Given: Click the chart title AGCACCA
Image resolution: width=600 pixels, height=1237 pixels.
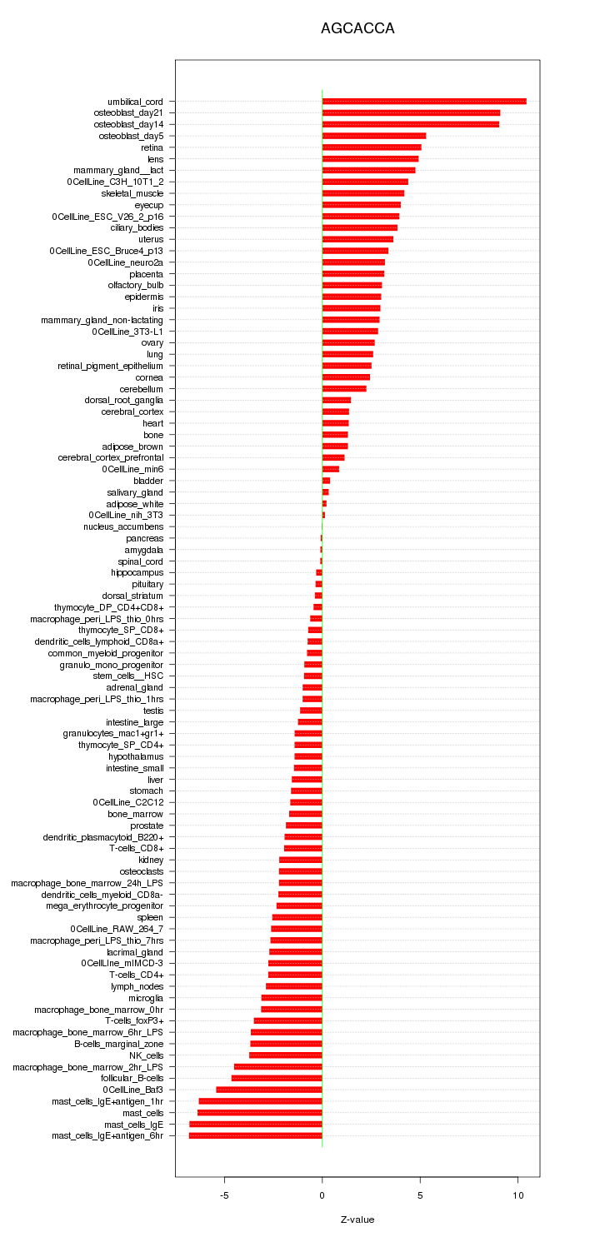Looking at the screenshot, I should pyautogui.click(x=357, y=28).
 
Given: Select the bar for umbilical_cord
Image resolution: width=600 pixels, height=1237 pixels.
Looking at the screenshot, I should pyautogui.click(x=424, y=102).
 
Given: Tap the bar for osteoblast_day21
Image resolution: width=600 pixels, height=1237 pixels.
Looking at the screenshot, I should pyautogui.click(x=411, y=113).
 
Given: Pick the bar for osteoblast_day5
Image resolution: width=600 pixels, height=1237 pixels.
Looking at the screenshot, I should pyautogui.click(x=374, y=136).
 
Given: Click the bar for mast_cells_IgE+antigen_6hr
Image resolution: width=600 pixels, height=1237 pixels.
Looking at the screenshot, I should pyautogui.click(x=256, y=1135).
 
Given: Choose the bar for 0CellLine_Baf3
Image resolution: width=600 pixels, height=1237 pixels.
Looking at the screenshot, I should pyautogui.click(x=269, y=1090).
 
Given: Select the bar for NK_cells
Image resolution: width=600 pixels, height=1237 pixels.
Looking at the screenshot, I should pyautogui.click(x=286, y=1055).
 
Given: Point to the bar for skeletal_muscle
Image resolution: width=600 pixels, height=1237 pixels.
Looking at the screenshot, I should pyautogui.click(x=363, y=193).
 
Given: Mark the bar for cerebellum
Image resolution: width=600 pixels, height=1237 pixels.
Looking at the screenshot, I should pyautogui.click(x=344, y=389).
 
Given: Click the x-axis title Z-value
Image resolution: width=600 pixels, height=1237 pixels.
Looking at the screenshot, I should pyautogui.click(x=357, y=1220).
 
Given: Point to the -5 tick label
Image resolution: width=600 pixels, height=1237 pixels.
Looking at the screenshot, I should pyautogui.click(x=224, y=1194).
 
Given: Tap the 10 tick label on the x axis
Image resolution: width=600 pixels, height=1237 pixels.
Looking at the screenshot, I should pyautogui.click(x=518, y=1194).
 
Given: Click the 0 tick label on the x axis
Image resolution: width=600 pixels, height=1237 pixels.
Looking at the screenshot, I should pyautogui.click(x=322, y=1194).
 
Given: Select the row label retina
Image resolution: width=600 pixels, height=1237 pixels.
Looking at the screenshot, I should pyautogui.click(x=152, y=147).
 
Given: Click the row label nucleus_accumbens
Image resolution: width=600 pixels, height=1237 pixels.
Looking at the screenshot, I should pyautogui.click(x=123, y=526).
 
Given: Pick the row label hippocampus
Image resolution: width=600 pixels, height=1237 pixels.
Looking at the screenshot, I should pyautogui.click(x=137, y=573).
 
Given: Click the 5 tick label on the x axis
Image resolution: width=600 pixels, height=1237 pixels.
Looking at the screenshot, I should pyautogui.click(x=420, y=1194).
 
